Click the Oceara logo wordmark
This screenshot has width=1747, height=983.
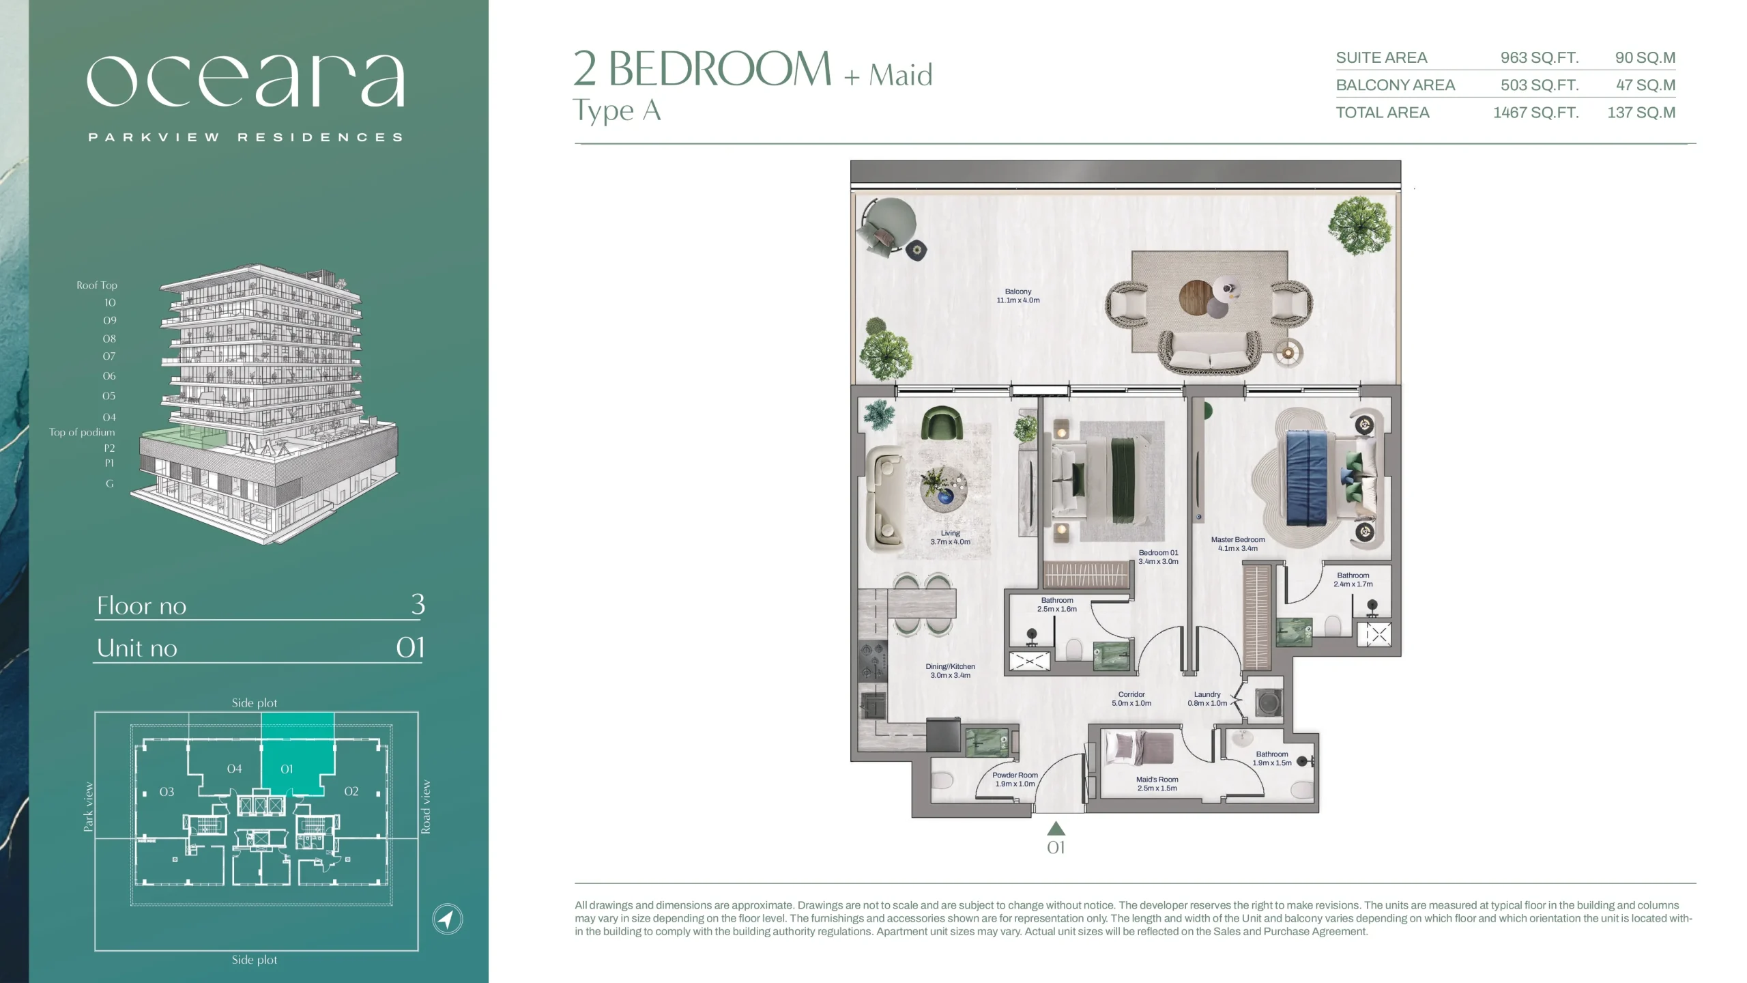(x=246, y=81)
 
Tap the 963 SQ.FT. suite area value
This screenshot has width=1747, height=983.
(x=1540, y=58)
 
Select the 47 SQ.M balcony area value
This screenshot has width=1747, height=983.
(x=1645, y=85)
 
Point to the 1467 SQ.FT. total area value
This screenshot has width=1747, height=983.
(x=1536, y=113)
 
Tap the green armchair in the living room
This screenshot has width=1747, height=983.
(x=942, y=423)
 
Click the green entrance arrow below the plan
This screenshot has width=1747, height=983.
(x=1056, y=828)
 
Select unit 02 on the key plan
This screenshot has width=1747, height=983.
(x=351, y=791)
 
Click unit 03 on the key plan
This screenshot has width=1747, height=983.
(x=167, y=792)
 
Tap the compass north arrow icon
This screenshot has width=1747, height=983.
(x=447, y=919)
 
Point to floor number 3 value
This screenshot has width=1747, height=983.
(x=418, y=604)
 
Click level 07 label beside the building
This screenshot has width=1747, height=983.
(x=109, y=356)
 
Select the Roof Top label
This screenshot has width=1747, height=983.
(x=97, y=285)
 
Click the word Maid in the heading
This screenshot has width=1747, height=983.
(x=901, y=75)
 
